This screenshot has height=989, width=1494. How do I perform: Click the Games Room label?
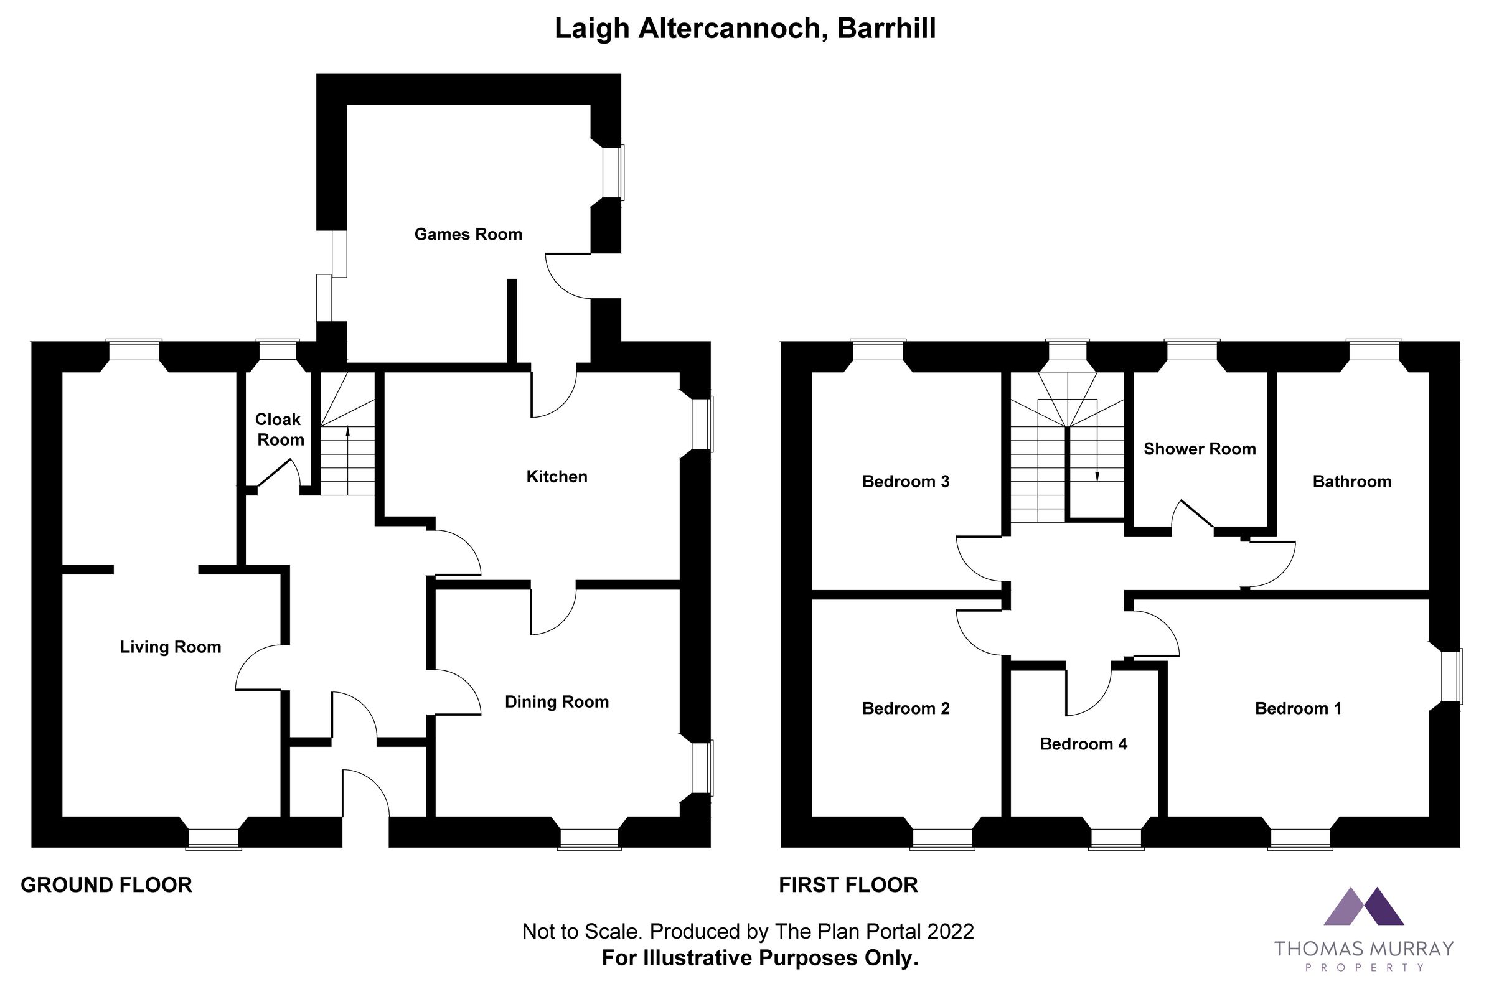pyautogui.click(x=468, y=235)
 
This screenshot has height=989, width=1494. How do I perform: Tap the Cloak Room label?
pyautogui.click(x=279, y=429)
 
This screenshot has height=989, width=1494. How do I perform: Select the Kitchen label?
pyautogui.click(x=557, y=477)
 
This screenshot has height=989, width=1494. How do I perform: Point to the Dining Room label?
pyautogui.click(x=557, y=702)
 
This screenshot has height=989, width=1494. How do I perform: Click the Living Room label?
pyautogui.click(x=171, y=647)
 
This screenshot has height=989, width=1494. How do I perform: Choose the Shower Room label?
pyautogui.click(x=1200, y=449)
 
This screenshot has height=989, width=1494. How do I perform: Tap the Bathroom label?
pyautogui.click(x=1351, y=482)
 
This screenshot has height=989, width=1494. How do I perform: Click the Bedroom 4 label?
pyautogui.click(x=1083, y=744)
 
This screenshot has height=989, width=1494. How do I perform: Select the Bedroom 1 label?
pyautogui.click(x=1298, y=709)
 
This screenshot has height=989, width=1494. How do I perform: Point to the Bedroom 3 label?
pyautogui.click(x=906, y=482)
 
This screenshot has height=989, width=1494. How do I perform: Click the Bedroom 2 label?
pyautogui.click(x=906, y=709)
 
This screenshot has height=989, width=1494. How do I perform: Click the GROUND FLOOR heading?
pyautogui.click(x=106, y=886)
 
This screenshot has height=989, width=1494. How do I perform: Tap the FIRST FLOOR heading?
pyautogui.click(x=848, y=886)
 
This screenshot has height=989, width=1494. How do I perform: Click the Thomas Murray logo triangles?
pyautogui.click(x=1363, y=907)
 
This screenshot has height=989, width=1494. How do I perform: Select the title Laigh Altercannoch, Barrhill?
pyautogui.click(x=745, y=29)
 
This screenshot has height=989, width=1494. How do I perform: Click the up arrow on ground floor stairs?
pyautogui.click(x=347, y=431)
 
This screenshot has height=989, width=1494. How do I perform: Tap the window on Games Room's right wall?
pyautogui.click(x=613, y=172)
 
